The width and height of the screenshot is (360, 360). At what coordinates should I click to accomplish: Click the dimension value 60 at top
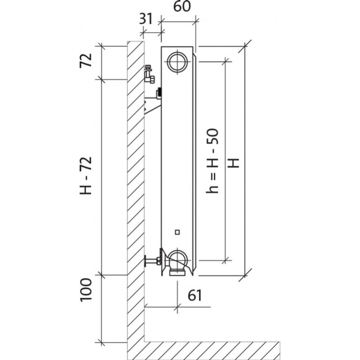[x=179, y=8]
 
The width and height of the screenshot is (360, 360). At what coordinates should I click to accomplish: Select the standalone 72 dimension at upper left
[x=86, y=60]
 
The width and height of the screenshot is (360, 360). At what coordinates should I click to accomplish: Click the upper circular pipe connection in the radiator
[x=178, y=62]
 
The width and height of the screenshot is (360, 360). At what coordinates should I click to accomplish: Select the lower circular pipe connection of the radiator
[x=178, y=259]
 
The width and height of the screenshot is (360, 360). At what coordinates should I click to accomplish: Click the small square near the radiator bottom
[x=178, y=232]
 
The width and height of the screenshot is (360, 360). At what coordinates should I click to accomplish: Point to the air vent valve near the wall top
[x=149, y=75]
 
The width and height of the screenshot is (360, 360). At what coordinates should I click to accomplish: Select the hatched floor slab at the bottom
[x=211, y=348]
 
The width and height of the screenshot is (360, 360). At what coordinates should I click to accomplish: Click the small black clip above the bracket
[x=158, y=94]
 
